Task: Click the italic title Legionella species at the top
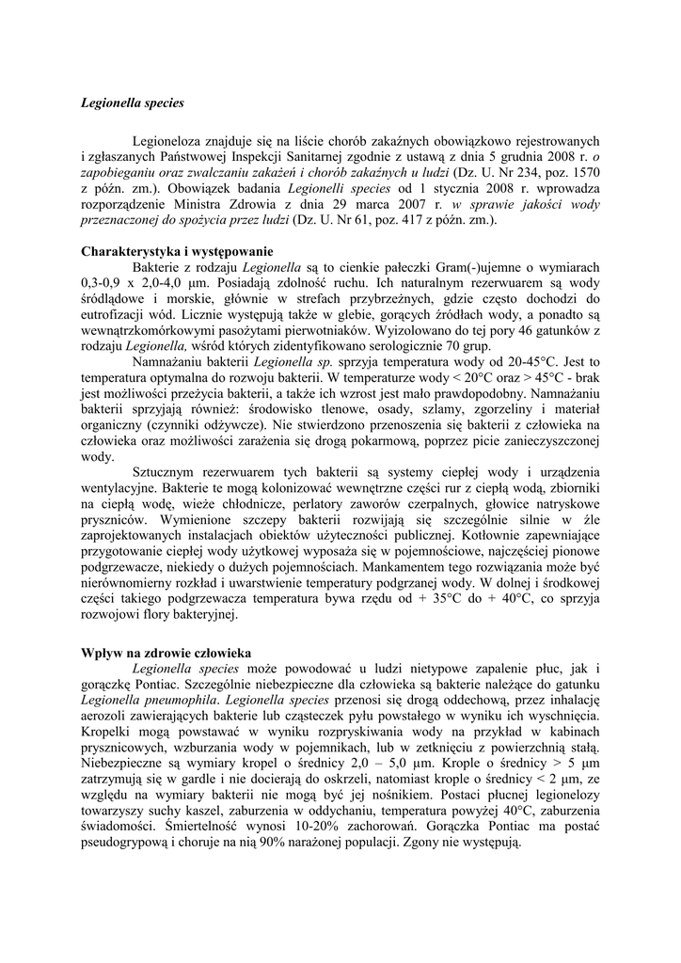[132, 102]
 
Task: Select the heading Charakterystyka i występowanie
[177, 251]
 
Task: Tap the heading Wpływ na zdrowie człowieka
[168, 653]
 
